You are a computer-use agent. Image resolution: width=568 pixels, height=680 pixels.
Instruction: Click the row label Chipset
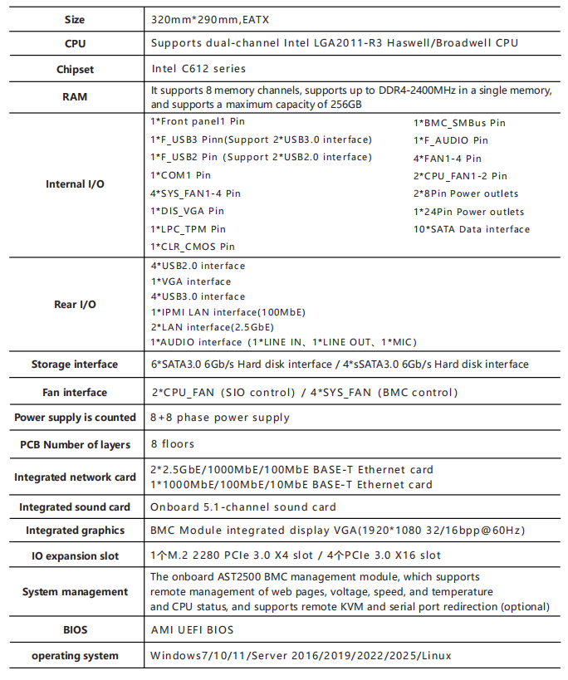[x=75, y=69]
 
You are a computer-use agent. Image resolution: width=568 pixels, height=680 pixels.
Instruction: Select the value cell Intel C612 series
[x=198, y=69]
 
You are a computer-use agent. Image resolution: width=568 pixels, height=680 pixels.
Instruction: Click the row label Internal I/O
[x=75, y=183]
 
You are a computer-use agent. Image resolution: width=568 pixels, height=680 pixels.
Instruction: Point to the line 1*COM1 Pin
[x=180, y=175]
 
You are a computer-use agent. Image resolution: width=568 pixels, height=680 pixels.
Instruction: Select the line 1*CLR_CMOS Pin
[x=192, y=247]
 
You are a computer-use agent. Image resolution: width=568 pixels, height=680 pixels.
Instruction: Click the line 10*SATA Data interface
[x=471, y=229]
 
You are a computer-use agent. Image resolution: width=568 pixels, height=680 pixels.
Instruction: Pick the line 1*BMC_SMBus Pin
[x=459, y=123]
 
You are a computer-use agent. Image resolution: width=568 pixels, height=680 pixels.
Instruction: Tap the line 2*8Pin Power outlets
[x=466, y=193]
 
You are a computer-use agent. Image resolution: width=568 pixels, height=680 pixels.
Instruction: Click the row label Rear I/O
[x=75, y=304]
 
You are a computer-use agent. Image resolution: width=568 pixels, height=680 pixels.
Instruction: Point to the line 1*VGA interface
[x=190, y=281]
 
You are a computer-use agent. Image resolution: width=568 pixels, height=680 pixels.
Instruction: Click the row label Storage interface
[x=75, y=364]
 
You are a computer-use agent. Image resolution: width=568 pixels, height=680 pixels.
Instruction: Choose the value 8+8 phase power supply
[x=220, y=418]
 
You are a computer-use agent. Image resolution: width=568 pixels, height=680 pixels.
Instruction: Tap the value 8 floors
[x=173, y=444]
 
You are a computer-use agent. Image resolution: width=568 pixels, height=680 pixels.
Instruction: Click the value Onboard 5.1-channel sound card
[x=242, y=506]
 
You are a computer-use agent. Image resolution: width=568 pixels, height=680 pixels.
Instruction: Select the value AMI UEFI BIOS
[x=192, y=630]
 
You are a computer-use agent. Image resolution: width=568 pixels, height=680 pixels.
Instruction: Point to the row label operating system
[x=75, y=656]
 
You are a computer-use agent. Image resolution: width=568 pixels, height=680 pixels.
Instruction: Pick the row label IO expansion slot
[x=75, y=555]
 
